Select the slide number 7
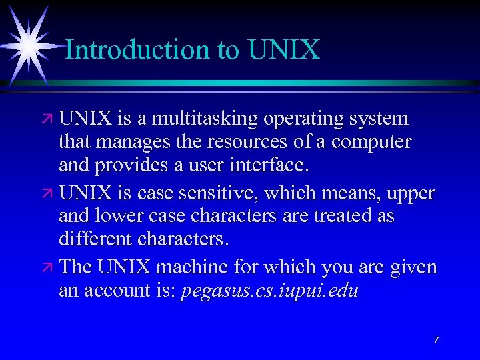click(436, 340)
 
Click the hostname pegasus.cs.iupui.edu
click(269, 291)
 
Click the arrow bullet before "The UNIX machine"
click(49, 268)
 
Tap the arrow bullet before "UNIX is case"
click(49, 194)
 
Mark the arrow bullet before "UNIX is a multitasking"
click(49, 120)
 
